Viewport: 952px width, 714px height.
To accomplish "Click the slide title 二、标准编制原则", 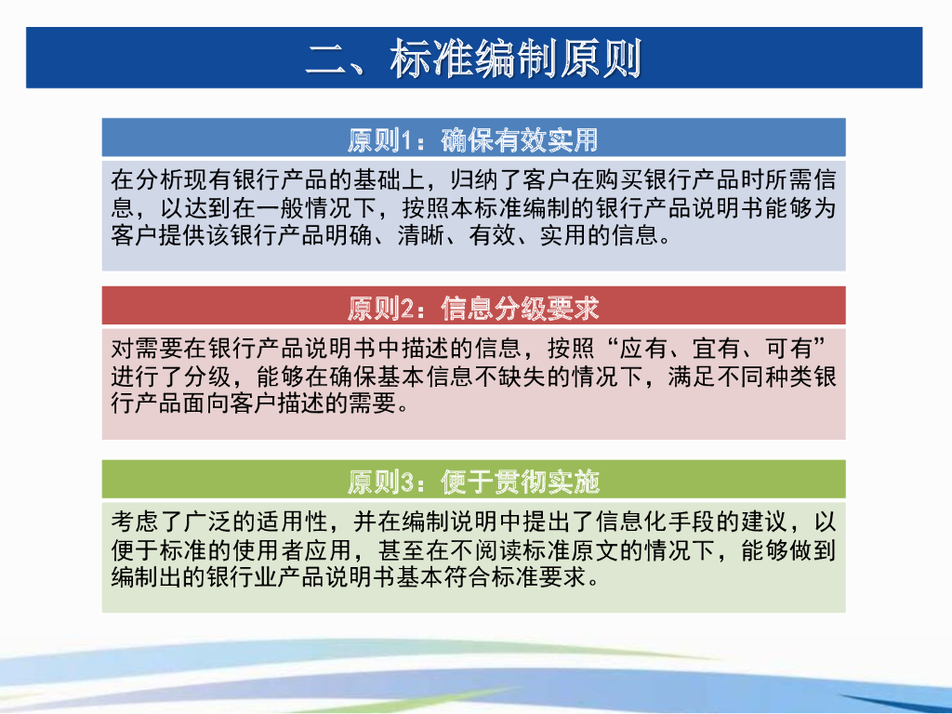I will (474, 59).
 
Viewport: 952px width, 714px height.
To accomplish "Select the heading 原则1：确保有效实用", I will (473, 140).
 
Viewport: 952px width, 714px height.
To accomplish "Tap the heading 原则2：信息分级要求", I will (473, 308).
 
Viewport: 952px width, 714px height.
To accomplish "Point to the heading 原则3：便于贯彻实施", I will (473, 482).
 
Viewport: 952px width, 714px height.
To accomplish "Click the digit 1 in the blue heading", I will (405, 141).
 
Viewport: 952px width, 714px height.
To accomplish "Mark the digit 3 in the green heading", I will (406, 483).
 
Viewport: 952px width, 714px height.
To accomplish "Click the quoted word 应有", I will (644, 350).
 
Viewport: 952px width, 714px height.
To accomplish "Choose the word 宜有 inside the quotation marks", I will (716, 350).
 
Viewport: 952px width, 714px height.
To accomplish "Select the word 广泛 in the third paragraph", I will (184, 522).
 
